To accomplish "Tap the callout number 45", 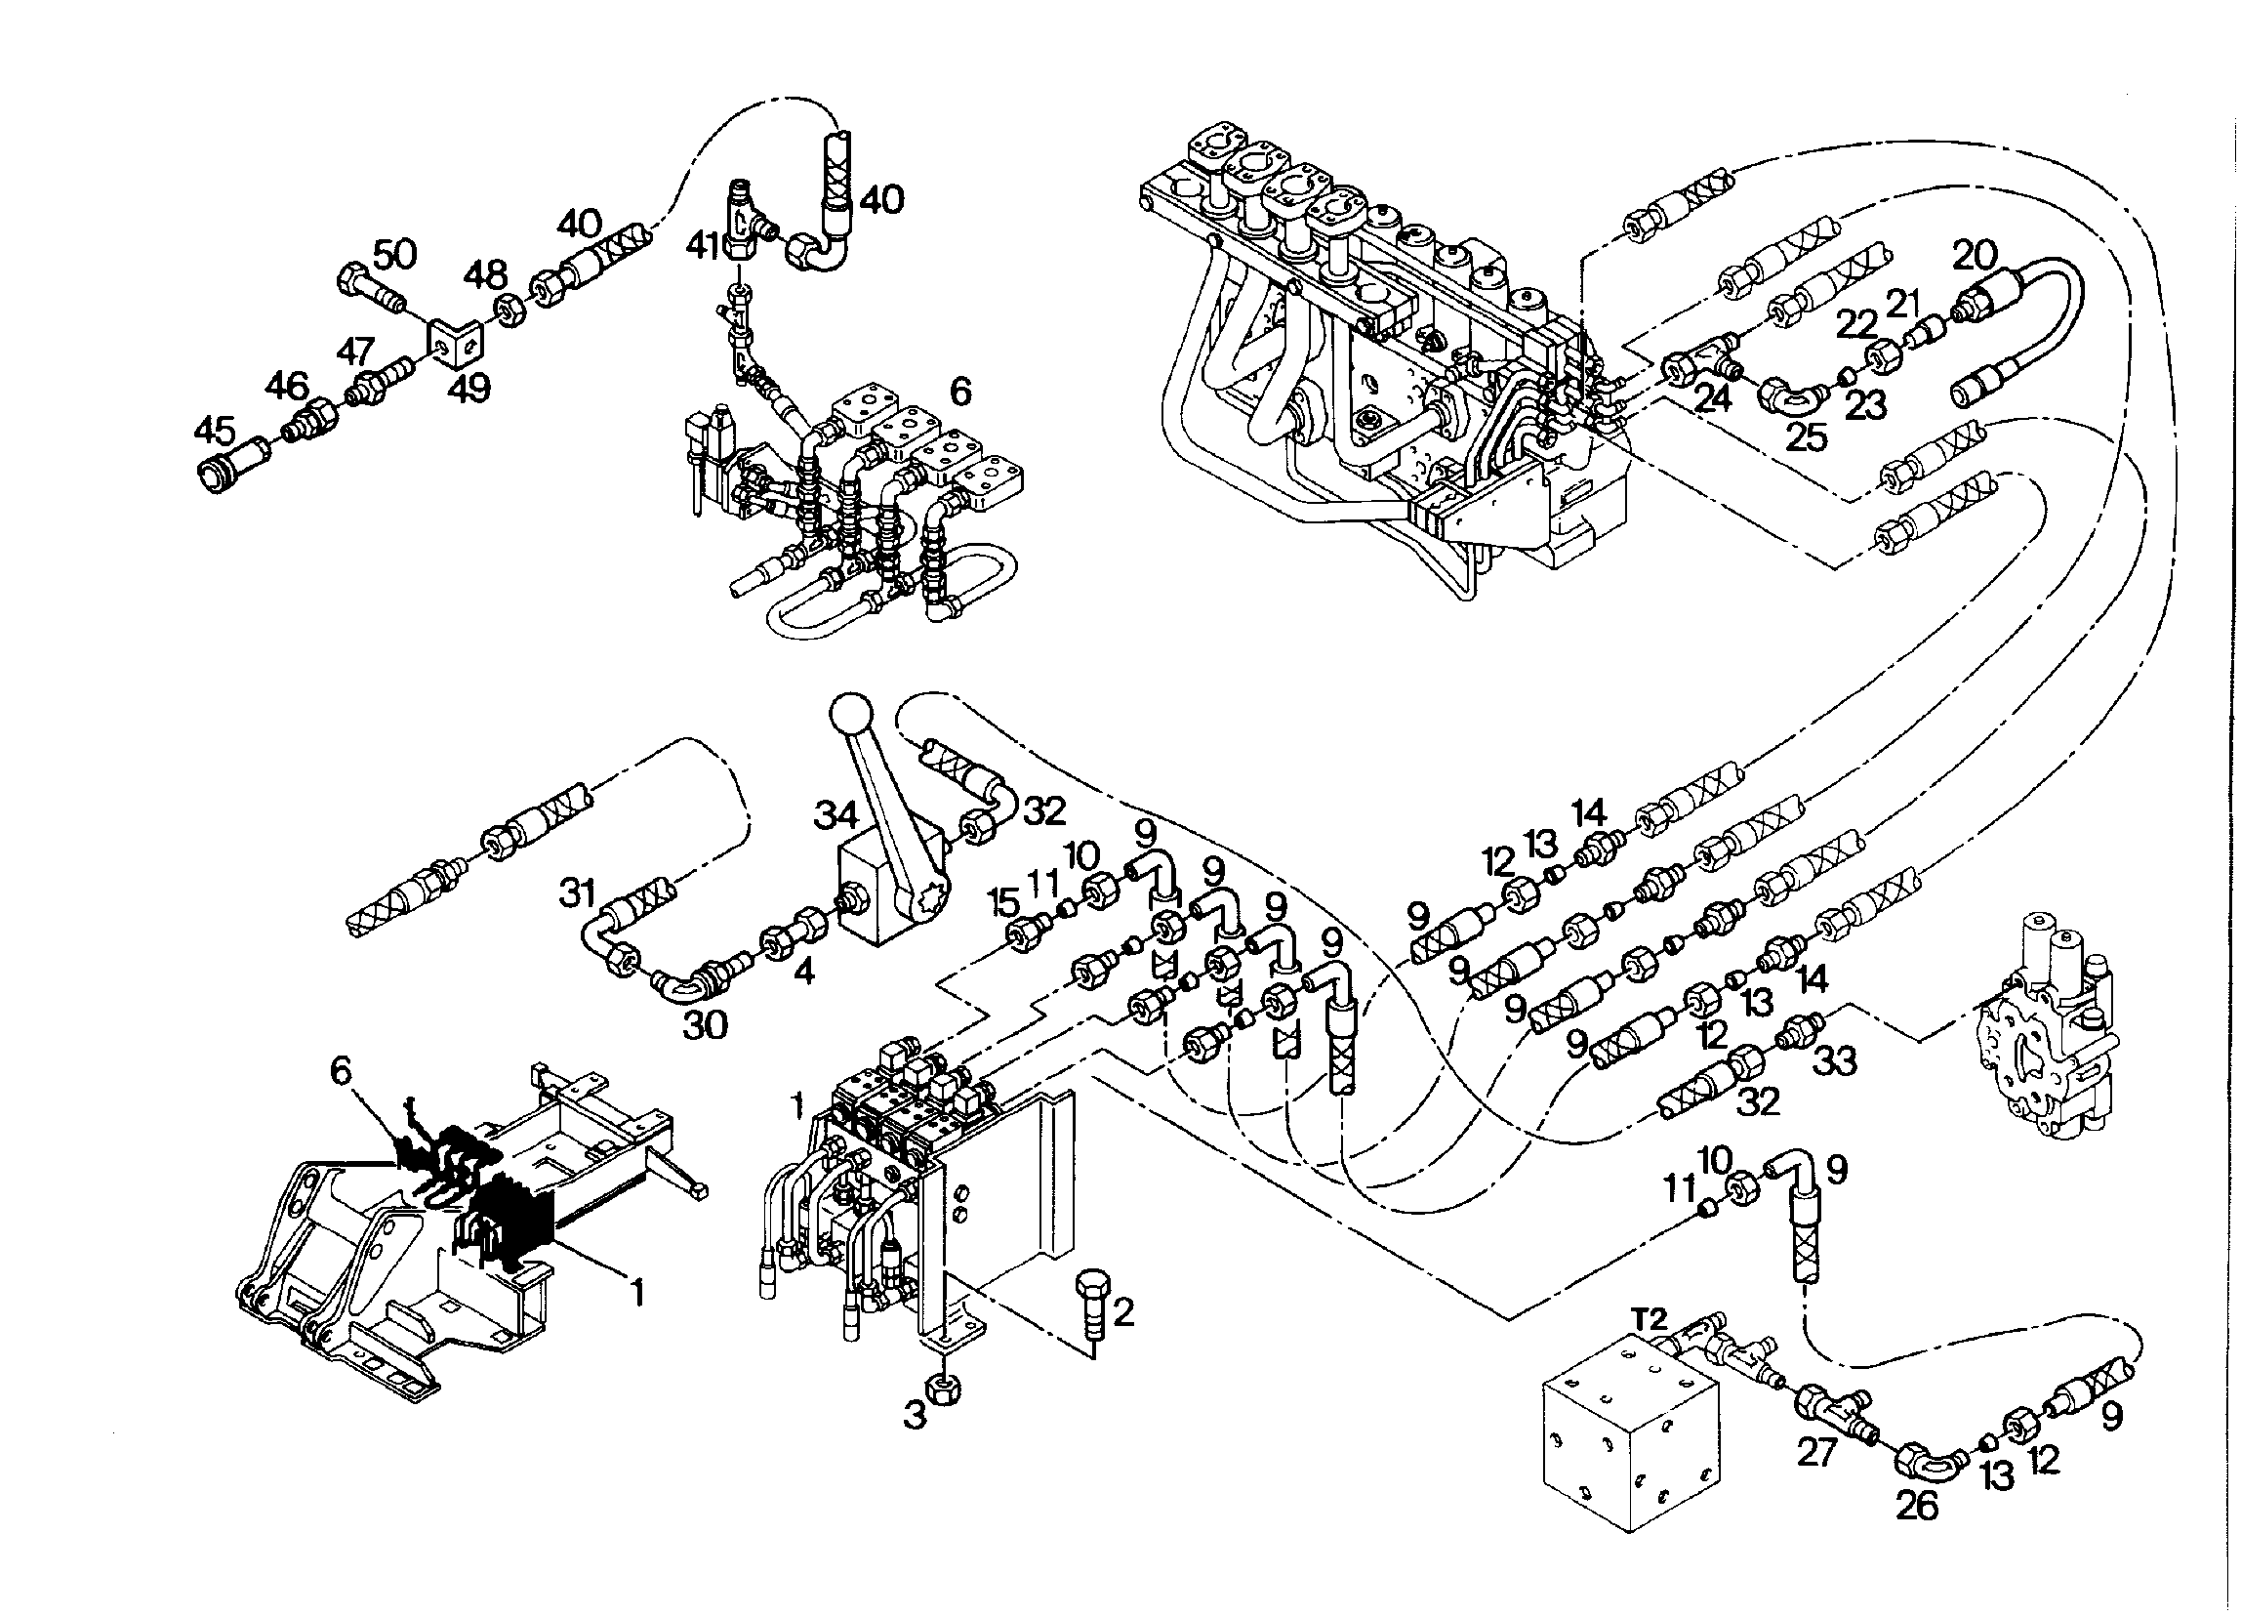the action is tap(216, 432).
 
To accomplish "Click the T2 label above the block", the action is tap(1649, 1318).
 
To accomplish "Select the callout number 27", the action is tap(1816, 1454).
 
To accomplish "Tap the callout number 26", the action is tap(1916, 1507).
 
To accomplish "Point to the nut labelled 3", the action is tap(942, 1391).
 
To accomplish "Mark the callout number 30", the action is tap(707, 1025).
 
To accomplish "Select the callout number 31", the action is tap(578, 894).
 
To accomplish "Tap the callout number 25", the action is tap(1808, 436).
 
